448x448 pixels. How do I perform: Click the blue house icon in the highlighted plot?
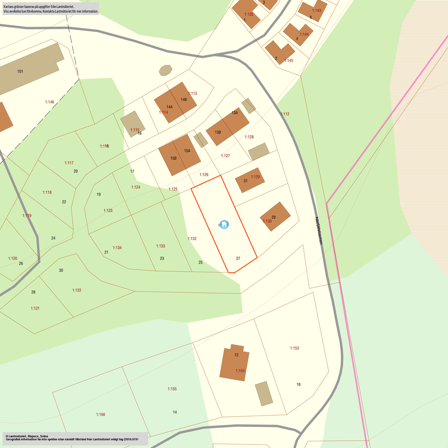tap(224, 224)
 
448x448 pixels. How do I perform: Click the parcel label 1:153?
tap(294, 348)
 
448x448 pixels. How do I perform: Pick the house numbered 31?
tap(249, 180)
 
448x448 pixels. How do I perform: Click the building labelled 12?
tap(234, 363)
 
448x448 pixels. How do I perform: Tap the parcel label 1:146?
tap(49, 102)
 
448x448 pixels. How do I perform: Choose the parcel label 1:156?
tap(101, 414)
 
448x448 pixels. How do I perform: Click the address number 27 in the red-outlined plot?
tap(238, 259)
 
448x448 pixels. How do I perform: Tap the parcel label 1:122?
tap(77, 290)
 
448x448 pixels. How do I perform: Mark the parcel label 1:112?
tap(285, 114)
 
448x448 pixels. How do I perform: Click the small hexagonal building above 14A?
tap(165, 70)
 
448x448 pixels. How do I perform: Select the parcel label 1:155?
tap(172, 389)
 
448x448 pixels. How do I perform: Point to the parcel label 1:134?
tap(117, 248)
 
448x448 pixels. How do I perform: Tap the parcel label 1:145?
tap(289, 60)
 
